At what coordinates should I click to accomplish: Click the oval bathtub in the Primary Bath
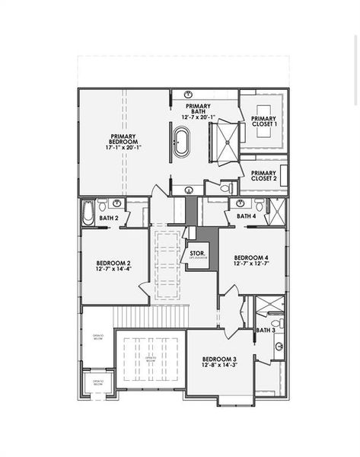[x=182, y=143]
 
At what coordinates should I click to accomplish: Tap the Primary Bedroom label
[x=123, y=139]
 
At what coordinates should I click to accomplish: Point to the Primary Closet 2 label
[x=263, y=176]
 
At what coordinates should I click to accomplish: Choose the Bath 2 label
[x=110, y=219]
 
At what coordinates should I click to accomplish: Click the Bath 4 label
[x=246, y=216]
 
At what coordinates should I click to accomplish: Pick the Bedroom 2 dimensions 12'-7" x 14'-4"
[x=113, y=269]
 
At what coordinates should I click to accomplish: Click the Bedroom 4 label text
[x=251, y=257]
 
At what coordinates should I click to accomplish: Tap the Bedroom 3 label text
[x=219, y=359]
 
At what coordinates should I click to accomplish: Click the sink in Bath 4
[x=241, y=203]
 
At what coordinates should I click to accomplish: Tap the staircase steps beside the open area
[x=150, y=314]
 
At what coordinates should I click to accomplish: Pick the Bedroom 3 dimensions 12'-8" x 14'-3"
[x=219, y=366]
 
